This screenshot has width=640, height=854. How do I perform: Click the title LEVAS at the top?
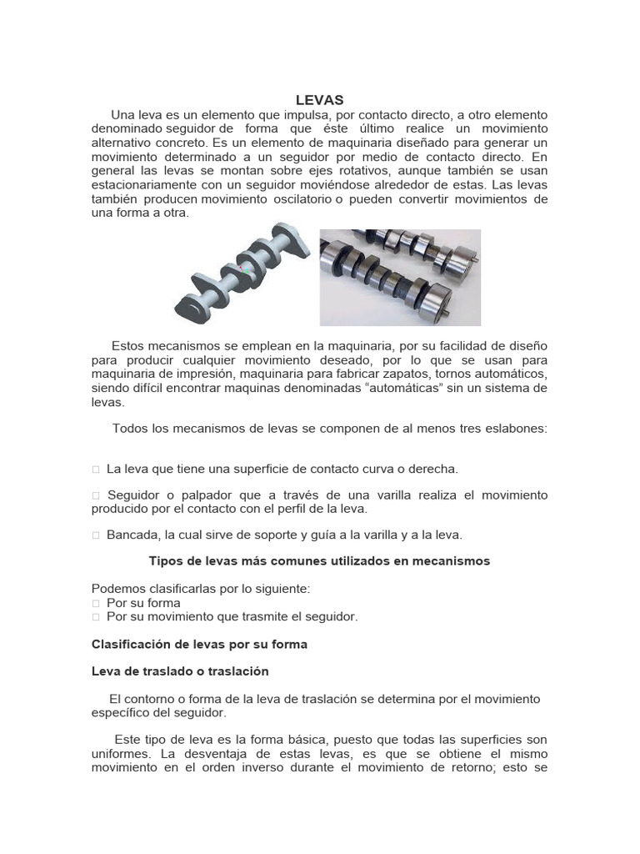(x=319, y=99)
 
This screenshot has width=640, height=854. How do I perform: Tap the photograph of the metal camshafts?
(x=400, y=277)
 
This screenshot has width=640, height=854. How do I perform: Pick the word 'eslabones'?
(x=513, y=428)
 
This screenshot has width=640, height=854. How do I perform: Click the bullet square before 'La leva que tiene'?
(x=96, y=469)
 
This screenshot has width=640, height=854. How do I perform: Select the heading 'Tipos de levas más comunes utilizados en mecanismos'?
(x=319, y=561)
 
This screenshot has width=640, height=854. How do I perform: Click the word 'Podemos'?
(x=116, y=589)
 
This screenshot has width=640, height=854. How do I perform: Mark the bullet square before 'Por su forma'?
(x=96, y=603)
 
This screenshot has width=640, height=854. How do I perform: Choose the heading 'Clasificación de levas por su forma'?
(x=199, y=644)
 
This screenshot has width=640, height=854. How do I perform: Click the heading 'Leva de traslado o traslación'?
(x=180, y=671)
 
